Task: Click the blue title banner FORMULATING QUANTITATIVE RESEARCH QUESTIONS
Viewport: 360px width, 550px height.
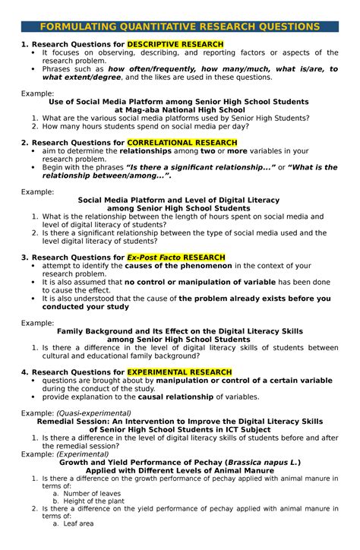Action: (180, 27)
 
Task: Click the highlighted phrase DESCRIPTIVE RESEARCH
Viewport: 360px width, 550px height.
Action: (175, 45)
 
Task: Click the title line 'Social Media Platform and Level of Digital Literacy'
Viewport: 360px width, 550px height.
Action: (179, 201)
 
